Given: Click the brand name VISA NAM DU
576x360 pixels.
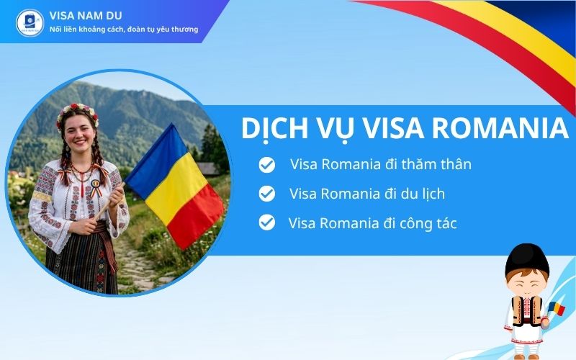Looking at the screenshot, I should tap(84, 14).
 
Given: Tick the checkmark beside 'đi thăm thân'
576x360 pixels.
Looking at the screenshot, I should tap(267, 165).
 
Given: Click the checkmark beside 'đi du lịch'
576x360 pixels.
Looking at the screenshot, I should tap(267, 194).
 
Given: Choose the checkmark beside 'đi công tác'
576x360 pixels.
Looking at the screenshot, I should tap(267, 222).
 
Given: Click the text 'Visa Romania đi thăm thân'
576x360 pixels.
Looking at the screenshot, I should tap(381, 164).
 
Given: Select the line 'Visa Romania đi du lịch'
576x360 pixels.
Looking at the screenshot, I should tap(377, 194).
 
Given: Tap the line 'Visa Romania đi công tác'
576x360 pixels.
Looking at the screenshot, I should tap(372, 223).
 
